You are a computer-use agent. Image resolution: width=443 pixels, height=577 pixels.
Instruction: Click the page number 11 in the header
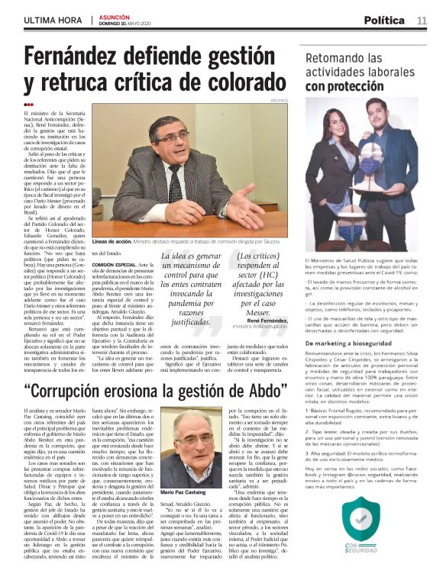click(x=422, y=20)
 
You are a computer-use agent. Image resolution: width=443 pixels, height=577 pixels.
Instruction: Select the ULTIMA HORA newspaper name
click(x=53, y=20)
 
